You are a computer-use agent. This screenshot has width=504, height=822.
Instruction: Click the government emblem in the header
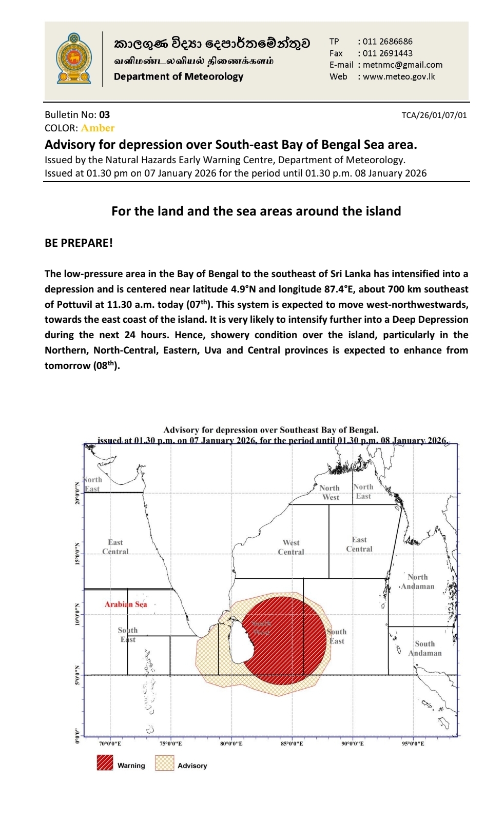(x=74, y=58)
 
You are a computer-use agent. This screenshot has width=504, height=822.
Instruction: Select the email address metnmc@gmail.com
(x=402, y=65)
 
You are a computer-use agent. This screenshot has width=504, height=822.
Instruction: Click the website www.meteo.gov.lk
(x=399, y=76)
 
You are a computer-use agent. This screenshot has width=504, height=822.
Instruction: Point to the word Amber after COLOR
(x=98, y=128)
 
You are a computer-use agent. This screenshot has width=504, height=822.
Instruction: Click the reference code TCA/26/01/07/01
(x=434, y=115)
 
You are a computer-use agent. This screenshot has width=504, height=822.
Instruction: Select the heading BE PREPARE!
(x=79, y=243)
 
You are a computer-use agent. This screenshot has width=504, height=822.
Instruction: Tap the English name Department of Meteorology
(x=179, y=76)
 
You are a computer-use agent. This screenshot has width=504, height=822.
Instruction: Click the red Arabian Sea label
(x=126, y=604)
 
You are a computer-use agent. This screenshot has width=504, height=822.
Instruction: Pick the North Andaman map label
(x=417, y=582)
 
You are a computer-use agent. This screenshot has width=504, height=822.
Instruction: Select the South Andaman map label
(x=425, y=649)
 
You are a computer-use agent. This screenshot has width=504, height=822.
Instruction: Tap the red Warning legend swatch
(x=105, y=763)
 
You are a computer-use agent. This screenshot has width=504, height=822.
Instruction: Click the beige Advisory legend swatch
(x=164, y=763)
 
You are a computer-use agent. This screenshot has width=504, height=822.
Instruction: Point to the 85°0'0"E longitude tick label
(x=292, y=743)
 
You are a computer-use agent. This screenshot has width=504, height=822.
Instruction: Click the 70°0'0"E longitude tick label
(x=110, y=743)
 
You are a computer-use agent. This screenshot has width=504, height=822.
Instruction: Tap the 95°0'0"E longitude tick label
(x=413, y=743)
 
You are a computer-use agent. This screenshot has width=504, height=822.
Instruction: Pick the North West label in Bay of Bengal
(x=330, y=493)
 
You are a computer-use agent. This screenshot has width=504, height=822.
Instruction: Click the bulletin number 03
(x=104, y=115)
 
